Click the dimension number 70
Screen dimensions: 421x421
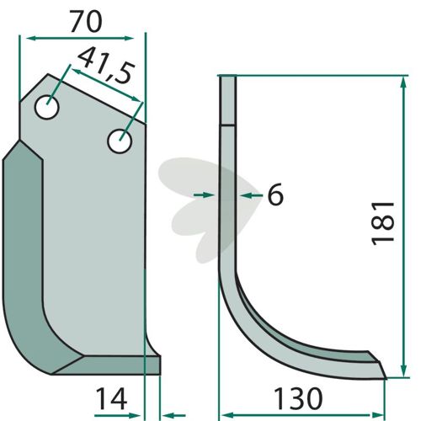pos(86,22)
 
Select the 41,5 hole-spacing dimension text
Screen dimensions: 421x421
pos(105,65)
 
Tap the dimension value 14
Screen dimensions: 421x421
pos(111,398)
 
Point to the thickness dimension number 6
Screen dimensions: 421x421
pos(275,195)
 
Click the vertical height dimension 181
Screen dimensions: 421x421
pos(383,223)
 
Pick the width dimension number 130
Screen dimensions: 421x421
pos(298,397)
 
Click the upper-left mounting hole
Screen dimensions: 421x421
pos(47,107)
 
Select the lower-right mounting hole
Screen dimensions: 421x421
pos(120,141)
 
